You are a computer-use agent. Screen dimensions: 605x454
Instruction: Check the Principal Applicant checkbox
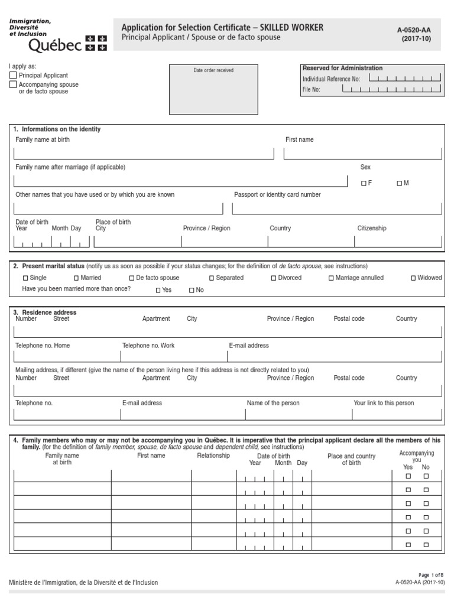coord(13,76)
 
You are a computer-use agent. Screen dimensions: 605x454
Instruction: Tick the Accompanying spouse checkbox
coord(13,85)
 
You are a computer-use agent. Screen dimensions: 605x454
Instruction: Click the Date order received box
coord(213,89)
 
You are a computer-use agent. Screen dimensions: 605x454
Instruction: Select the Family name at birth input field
coord(144,154)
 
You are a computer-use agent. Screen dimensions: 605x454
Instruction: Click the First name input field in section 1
coord(362,154)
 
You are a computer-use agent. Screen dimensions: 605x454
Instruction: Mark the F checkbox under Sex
coord(364,184)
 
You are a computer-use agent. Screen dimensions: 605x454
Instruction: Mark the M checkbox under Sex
coord(400,184)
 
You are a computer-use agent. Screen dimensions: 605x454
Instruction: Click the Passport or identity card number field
coord(337,208)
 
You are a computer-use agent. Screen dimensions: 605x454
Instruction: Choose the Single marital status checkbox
coord(25,278)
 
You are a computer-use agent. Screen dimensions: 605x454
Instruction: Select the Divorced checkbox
coord(274,278)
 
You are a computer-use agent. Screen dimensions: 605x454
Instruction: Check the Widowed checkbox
coord(413,278)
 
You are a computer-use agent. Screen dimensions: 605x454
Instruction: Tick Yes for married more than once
coord(158,291)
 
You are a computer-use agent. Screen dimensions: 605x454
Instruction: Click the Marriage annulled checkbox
coord(331,278)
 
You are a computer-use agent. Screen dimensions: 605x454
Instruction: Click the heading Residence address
coord(48,312)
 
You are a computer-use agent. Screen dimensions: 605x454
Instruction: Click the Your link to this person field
coord(396,414)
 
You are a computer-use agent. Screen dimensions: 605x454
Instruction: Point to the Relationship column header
coord(213,456)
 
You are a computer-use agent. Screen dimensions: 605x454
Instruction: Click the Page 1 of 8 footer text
coord(430,575)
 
